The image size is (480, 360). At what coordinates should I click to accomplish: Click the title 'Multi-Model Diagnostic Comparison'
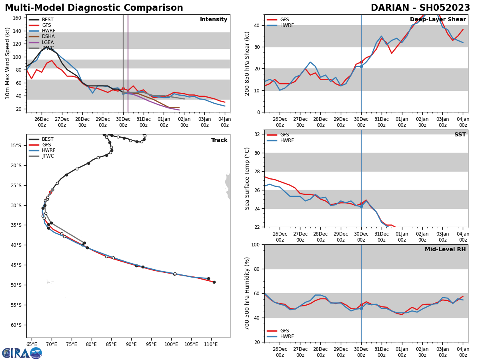pos(94,8)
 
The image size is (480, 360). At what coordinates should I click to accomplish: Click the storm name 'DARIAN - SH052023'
pos(420,8)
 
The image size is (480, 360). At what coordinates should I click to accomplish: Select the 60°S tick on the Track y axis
pos(16,325)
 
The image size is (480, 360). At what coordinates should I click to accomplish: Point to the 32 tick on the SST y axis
pos(258,134)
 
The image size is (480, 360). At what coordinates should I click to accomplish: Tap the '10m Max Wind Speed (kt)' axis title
pos(8,63)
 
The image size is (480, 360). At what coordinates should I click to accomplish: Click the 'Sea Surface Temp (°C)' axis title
pos(247,178)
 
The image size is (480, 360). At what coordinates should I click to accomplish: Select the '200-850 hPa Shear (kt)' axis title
pos(247,63)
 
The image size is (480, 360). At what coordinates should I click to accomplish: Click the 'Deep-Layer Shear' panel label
pos(438,20)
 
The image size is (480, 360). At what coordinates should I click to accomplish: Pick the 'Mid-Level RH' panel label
pos(445,250)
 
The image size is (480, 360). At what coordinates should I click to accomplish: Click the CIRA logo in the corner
pos(22,353)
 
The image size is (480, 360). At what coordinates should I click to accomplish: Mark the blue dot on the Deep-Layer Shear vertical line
pos(361,66)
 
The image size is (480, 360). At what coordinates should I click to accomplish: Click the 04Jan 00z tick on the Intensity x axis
pos(225,122)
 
